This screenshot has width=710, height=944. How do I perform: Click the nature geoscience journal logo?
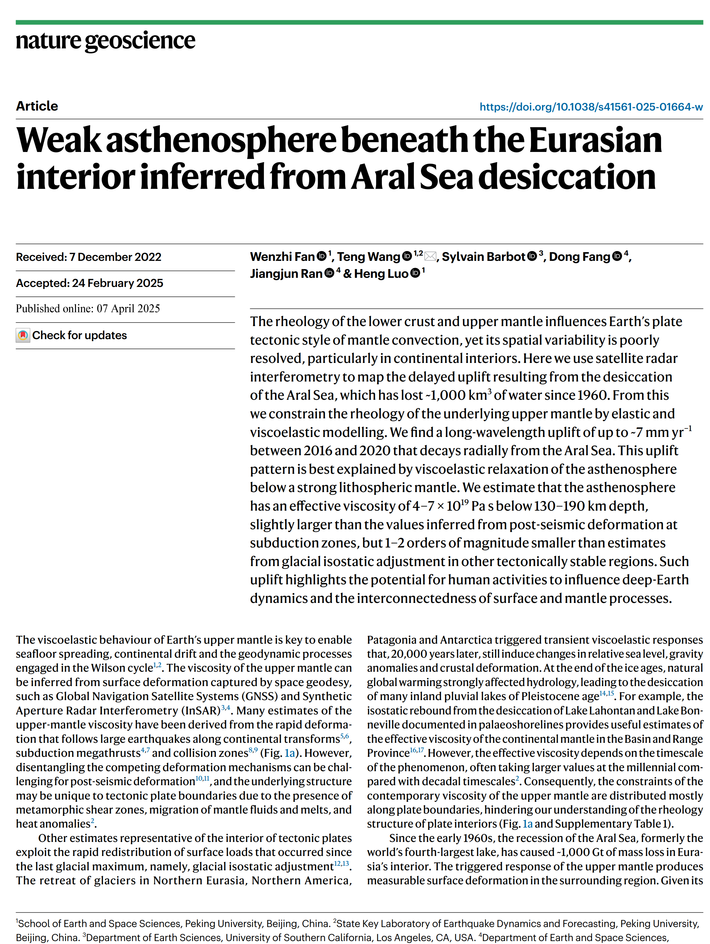point(105,41)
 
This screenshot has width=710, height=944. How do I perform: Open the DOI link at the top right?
point(591,107)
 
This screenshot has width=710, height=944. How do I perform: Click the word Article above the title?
point(37,106)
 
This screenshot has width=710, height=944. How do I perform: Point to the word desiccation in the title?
point(566,177)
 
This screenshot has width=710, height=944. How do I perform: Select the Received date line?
point(88,257)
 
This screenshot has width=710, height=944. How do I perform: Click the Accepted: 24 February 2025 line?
point(89,283)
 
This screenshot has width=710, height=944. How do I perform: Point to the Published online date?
point(87,308)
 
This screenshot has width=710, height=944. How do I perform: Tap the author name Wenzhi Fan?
point(282,257)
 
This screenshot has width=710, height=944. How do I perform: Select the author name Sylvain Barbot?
point(483,257)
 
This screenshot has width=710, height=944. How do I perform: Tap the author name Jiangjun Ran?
point(286,274)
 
